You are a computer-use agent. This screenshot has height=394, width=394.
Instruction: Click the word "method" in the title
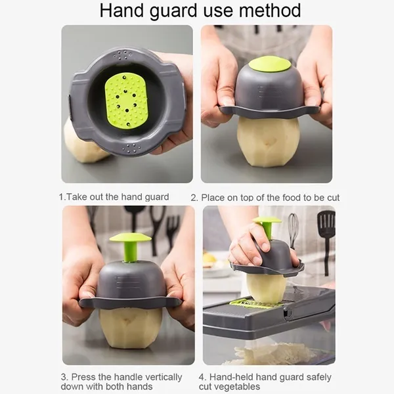[270, 11]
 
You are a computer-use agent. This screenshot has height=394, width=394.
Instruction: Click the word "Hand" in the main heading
[121, 11]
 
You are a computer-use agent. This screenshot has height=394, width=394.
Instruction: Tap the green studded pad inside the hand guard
[125, 100]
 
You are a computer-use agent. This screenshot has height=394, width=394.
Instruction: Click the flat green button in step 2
[270, 64]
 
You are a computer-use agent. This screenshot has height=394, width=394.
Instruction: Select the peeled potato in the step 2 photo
[268, 141]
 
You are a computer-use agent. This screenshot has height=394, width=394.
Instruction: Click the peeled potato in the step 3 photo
[130, 328]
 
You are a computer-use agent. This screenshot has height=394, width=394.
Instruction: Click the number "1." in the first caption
[62, 197]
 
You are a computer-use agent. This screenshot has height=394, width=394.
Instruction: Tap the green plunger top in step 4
[267, 221]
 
